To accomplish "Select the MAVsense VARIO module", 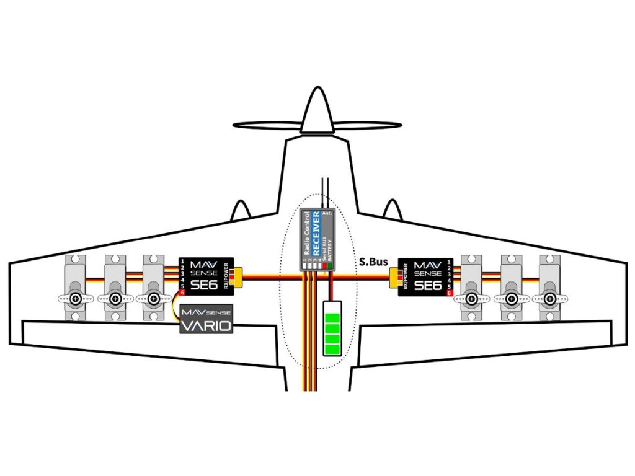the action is (206, 320).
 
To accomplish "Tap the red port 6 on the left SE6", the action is (183, 293).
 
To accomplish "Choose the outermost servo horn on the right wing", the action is (549, 299).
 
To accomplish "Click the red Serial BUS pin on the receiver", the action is (324, 266).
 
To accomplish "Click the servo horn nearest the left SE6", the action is (153, 299).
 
